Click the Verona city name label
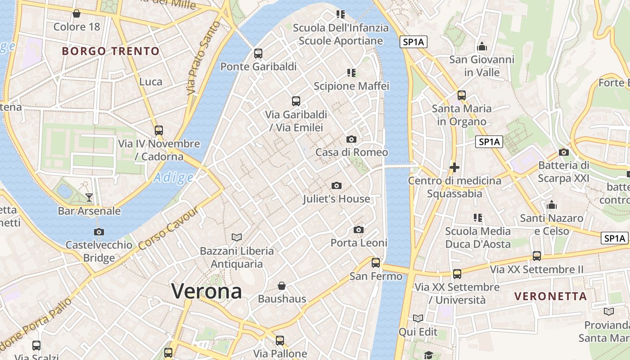click(207, 292)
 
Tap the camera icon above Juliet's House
click(336, 185)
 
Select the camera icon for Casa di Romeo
click(351, 139)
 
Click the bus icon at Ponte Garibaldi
click(258, 54)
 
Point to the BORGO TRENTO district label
click(111, 51)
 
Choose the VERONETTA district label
click(551, 297)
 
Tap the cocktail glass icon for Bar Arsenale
click(89, 197)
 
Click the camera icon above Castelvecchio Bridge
click(99, 232)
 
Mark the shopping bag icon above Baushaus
click(282, 286)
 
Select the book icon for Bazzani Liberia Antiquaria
click(237, 237)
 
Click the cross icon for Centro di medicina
click(454, 168)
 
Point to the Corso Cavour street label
click(168, 229)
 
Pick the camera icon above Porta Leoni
click(359, 229)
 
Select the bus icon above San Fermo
click(376, 263)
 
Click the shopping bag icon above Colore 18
click(76, 13)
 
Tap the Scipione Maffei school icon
click(351, 72)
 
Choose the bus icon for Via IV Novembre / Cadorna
click(159, 130)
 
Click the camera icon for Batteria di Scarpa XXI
click(563, 152)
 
